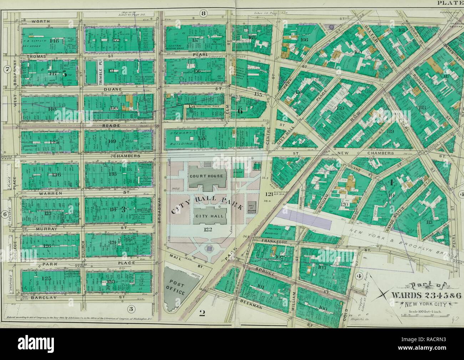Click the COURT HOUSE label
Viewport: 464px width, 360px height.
pos(207,176)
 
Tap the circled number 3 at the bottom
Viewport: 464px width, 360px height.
pos(131,308)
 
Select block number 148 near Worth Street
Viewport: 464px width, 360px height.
pos(55,41)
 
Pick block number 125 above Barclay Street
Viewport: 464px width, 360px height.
pos(47,278)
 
